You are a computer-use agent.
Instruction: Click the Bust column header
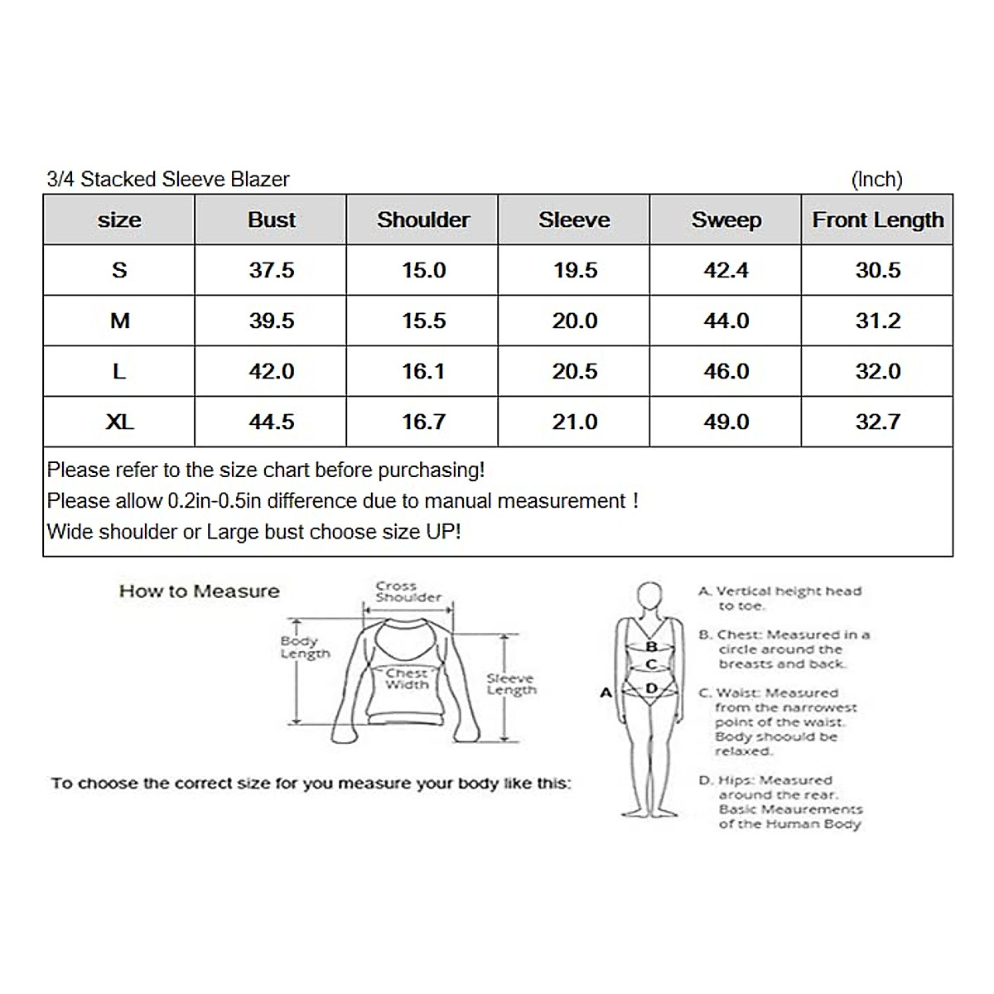[271, 220]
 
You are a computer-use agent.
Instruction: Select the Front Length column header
[877, 220]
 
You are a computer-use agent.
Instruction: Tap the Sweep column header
[726, 220]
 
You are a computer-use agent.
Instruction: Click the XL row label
[119, 422]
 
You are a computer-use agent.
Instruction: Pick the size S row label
[119, 270]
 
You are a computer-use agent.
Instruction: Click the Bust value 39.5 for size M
[271, 321]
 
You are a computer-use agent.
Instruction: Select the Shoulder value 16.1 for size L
[423, 371]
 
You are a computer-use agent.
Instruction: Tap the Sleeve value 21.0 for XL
[574, 422]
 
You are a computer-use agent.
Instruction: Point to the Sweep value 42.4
[726, 270]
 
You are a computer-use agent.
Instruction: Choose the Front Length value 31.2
[877, 321]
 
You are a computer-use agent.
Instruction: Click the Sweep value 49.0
[726, 422]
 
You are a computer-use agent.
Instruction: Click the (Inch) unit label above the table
[876, 179]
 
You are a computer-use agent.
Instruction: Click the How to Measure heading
[199, 591]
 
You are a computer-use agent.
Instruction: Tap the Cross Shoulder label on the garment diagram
[408, 591]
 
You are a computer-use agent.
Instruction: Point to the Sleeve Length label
[511, 684]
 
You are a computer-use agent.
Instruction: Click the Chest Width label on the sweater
[407, 679]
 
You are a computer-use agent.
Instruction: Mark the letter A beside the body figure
[606, 692]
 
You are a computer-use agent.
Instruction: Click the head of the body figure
[650, 596]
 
